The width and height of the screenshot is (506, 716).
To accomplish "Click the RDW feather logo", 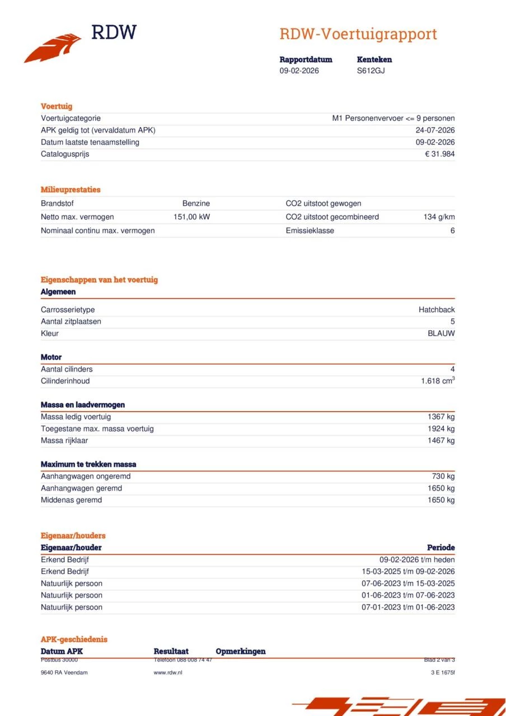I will (53, 48).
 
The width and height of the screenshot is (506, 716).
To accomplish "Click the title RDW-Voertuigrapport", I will (358, 34).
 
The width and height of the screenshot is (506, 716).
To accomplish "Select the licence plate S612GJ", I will (371, 70).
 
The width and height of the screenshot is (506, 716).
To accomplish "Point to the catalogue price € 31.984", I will (439, 154).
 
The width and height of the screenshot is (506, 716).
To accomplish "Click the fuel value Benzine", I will (196, 204).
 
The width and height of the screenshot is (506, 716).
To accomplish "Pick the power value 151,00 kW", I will (191, 217).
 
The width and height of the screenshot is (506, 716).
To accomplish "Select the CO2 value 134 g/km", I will (439, 217).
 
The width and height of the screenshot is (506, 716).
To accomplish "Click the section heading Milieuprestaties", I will (71, 190).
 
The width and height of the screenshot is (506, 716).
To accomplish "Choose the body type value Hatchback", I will (437, 310).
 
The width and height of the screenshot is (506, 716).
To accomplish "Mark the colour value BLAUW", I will (441, 333).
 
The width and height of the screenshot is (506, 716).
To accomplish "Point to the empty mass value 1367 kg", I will (441, 417).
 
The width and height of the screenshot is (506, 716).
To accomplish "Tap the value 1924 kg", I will (441, 428).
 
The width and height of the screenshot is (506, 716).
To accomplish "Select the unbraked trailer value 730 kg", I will (443, 477).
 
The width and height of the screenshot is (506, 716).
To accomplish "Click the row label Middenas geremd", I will (71, 500).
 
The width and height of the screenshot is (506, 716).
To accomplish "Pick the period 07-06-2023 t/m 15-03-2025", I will (408, 583).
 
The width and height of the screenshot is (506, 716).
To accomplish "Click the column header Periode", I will (441, 548).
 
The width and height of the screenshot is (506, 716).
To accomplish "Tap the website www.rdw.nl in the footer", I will (168, 672).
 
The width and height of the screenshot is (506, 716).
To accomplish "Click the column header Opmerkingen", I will (240, 651).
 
